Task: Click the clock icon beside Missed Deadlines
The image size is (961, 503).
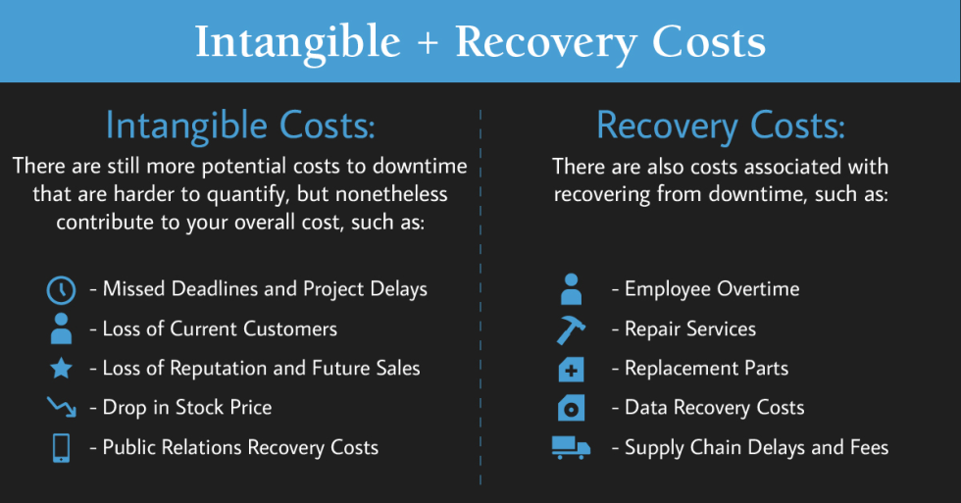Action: pos(61,290)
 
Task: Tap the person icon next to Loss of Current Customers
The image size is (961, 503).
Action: pos(61,329)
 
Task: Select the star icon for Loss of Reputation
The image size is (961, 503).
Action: pos(61,369)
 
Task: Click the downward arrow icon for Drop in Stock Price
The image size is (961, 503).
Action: pos(61,408)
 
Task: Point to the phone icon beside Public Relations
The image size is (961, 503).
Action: pos(61,448)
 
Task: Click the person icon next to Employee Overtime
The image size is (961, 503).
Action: pos(571,289)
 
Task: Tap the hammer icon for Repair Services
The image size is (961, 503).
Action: pos(571,329)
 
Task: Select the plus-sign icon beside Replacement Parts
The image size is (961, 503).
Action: pos(571,370)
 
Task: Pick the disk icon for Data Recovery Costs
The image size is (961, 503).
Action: pos(571,408)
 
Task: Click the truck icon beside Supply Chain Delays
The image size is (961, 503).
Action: pos(571,448)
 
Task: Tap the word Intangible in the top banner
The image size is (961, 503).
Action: pos(298,42)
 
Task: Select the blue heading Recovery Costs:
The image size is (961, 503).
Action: pos(721,126)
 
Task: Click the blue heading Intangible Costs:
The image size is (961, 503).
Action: pos(240,126)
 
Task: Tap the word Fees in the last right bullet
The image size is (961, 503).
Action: pos(869,447)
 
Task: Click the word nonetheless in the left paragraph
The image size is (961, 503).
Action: pos(391,194)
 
